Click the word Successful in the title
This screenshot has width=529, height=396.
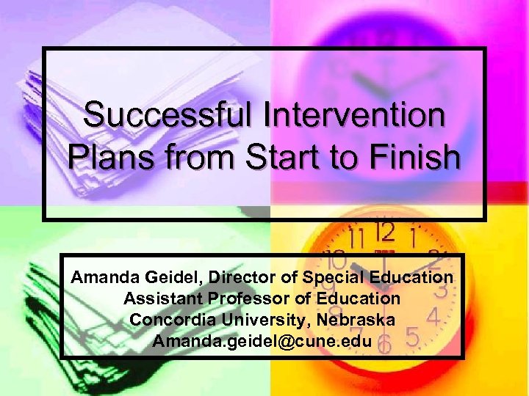pyautogui.click(x=173, y=116)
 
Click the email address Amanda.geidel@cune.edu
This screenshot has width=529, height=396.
pyautogui.click(x=262, y=342)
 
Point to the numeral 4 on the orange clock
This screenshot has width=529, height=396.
pyautogui.click(x=433, y=318)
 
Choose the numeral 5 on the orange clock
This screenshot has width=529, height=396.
pyautogui.click(x=414, y=339)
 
